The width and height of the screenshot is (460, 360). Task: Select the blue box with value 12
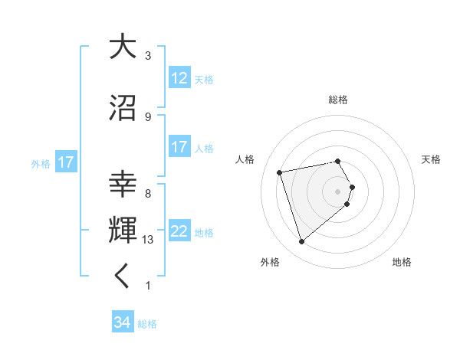tap(179, 78)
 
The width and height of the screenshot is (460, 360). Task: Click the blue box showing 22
tap(179, 231)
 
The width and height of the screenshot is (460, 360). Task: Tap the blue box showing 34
tap(122, 322)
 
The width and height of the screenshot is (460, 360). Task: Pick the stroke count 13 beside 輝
tap(148, 240)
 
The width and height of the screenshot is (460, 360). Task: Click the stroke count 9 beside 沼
tap(148, 116)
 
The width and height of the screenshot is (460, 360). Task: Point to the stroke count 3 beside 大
tap(148, 56)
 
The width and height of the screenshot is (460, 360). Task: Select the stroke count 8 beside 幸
tap(148, 194)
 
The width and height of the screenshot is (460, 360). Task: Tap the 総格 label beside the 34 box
tap(147, 324)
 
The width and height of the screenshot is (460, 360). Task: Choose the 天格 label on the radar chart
tap(431, 159)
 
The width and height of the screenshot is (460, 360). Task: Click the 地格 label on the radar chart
tap(402, 262)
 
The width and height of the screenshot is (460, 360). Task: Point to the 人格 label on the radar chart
tap(245, 159)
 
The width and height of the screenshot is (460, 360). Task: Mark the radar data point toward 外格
tap(301, 242)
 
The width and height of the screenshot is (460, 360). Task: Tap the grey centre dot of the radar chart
tap(337, 191)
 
